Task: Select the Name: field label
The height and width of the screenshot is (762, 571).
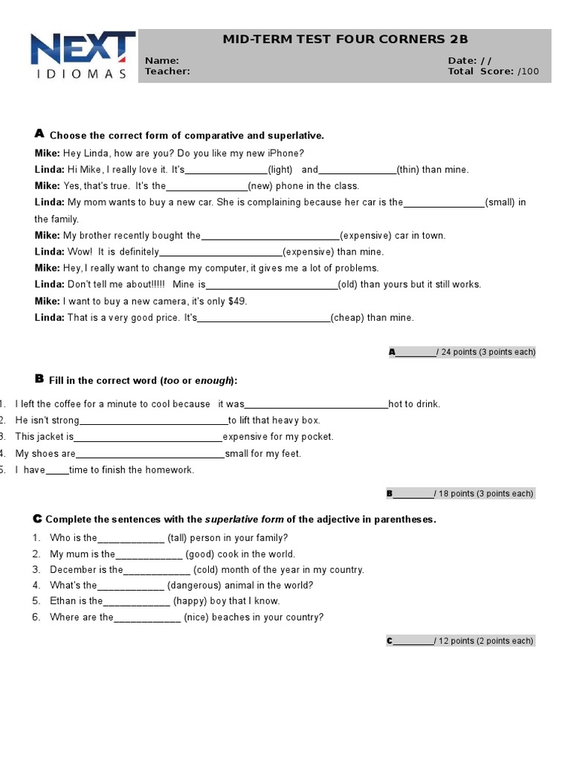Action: point(161,60)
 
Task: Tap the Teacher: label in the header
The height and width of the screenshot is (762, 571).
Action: point(167,71)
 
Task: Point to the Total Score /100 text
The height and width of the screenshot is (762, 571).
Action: point(493,71)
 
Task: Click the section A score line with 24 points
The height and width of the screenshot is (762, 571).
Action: point(461,352)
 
